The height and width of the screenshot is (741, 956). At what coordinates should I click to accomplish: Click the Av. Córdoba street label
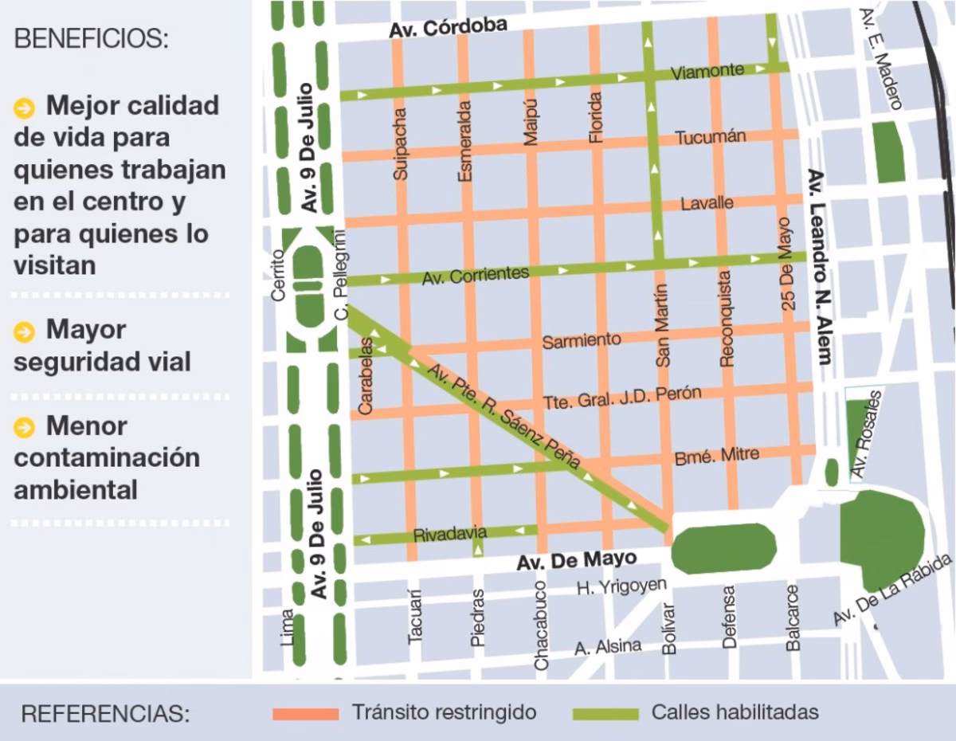pos(448,28)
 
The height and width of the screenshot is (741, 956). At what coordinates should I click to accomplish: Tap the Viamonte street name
pos(707,72)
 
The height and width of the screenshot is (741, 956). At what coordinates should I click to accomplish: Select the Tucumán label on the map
pos(711,137)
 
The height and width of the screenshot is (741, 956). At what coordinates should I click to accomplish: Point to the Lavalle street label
pos(707,203)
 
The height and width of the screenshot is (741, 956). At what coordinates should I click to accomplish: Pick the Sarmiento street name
pos(582,341)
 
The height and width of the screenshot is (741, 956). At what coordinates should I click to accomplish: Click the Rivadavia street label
pos(450,535)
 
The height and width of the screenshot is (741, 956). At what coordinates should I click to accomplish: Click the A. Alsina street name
pos(608,647)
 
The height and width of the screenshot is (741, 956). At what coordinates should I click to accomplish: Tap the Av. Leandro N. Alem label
pos(817,266)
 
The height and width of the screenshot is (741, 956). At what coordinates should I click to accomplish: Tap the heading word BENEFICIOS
pos(92,39)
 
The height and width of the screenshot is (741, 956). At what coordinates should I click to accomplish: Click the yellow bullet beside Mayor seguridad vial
pos(25,331)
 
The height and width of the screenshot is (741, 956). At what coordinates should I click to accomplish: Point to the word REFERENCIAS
pos(106,713)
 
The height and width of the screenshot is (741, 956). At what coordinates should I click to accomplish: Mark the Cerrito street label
pos(278,275)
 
